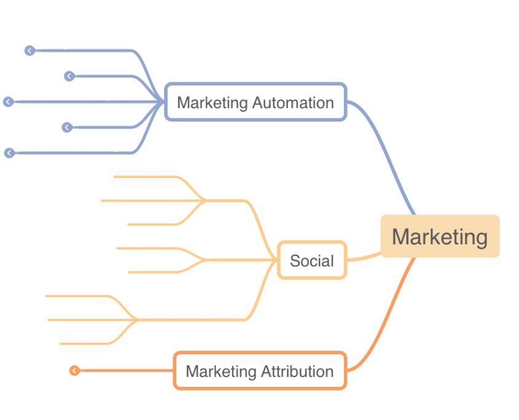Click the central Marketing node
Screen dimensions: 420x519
[x=440, y=236]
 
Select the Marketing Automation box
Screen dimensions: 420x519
[x=256, y=103]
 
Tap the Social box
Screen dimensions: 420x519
[x=312, y=260]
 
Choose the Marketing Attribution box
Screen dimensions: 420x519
[x=260, y=371]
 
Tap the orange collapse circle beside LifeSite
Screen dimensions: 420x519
[x=74, y=370]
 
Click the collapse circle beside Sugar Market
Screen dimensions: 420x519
[x=29, y=51]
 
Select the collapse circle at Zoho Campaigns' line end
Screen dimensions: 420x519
[x=8, y=102]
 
